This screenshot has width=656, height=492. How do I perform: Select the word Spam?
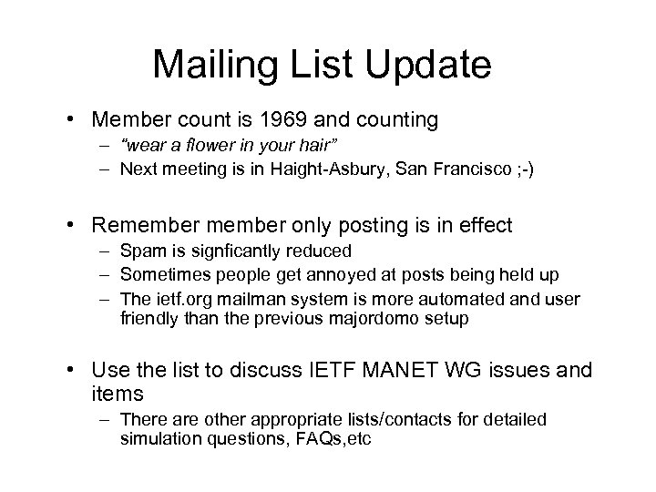pos(139,251)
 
